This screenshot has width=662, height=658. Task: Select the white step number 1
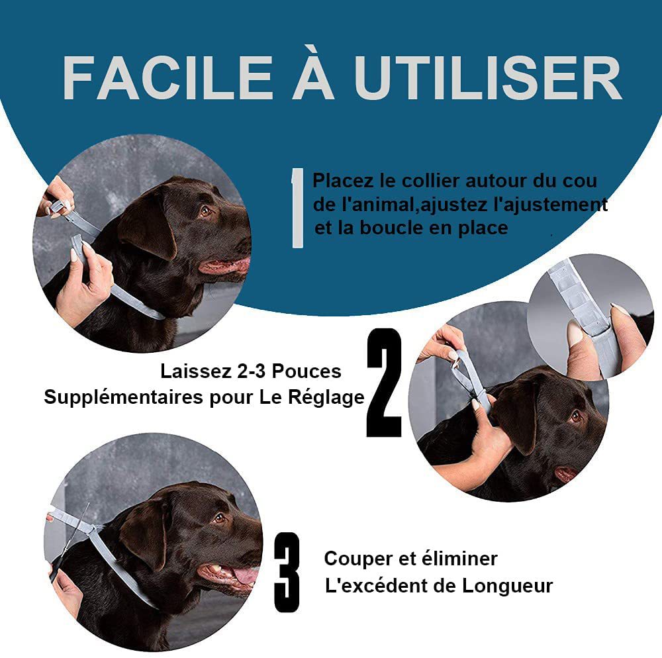click(x=297, y=208)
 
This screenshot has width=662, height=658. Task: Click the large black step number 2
click(x=384, y=383)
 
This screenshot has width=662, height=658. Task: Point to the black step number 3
click(x=287, y=571)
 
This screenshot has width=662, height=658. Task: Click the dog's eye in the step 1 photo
click(x=206, y=211)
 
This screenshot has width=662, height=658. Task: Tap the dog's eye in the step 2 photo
click(x=575, y=416)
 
